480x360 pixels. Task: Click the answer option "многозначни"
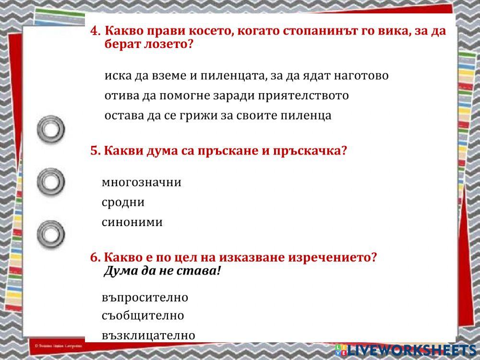(x=141, y=182)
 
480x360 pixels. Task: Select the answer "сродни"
(x=123, y=202)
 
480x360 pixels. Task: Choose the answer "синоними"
(x=132, y=222)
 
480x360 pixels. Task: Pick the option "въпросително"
(x=145, y=298)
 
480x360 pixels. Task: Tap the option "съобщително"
(x=143, y=316)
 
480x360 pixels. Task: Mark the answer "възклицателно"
(x=148, y=335)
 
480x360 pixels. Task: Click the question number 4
(x=95, y=31)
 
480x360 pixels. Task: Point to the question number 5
(x=95, y=151)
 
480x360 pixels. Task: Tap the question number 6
(x=95, y=257)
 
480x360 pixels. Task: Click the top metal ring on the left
(x=51, y=129)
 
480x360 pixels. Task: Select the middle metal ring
(x=51, y=181)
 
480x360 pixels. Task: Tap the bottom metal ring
(x=51, y=234)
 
